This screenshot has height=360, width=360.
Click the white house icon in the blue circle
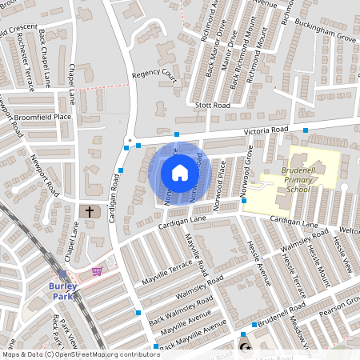tap(179, 173)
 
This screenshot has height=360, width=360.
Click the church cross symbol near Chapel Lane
tap(90, 212)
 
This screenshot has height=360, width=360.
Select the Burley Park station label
tap(61, 290)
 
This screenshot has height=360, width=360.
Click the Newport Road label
tap(45, 177)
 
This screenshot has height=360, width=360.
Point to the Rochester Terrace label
tap(22, 58)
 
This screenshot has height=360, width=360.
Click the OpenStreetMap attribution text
tap(80, 354)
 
